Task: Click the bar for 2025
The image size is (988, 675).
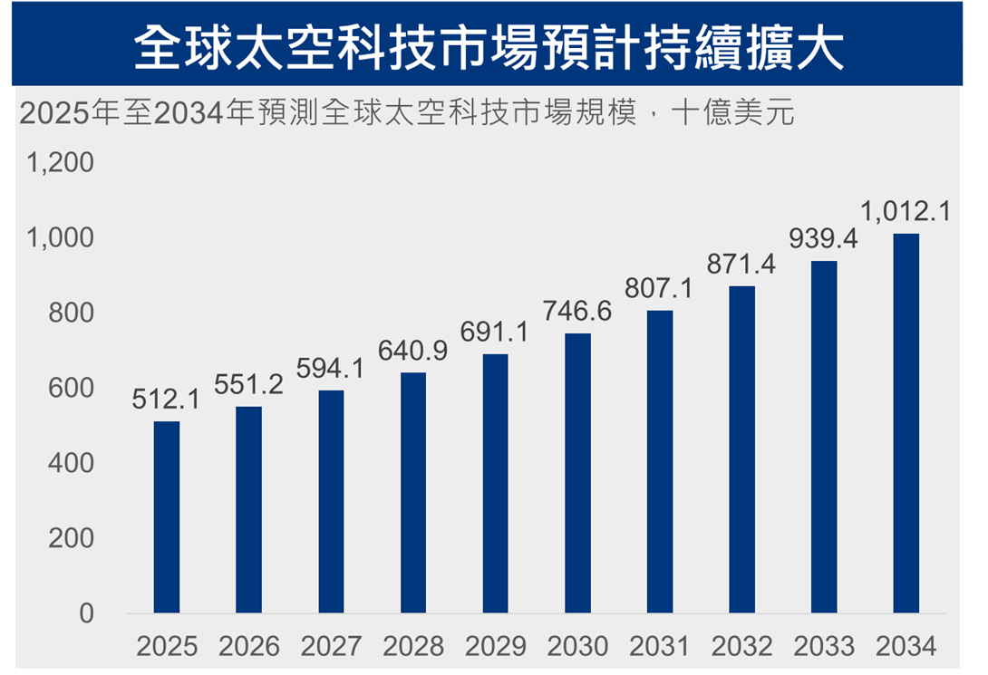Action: (167, 517)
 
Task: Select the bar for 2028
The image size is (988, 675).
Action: (413, 493)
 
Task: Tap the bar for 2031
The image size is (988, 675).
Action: (660, 462)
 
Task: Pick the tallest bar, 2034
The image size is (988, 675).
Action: (906, 423)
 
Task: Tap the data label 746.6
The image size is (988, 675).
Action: (577, 311)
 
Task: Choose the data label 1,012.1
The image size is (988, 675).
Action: (905, 212)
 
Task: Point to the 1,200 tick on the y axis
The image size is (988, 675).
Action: (61, 163)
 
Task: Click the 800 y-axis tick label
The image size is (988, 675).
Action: (73, 313)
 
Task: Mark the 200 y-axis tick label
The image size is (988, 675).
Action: (73, 538)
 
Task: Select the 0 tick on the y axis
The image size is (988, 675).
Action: (86, 613)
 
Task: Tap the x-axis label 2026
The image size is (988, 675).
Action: (249, 647)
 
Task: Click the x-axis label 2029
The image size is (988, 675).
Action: (496, 647)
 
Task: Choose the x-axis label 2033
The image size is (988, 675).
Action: (824, 647)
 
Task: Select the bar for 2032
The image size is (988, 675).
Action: (742, 449)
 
